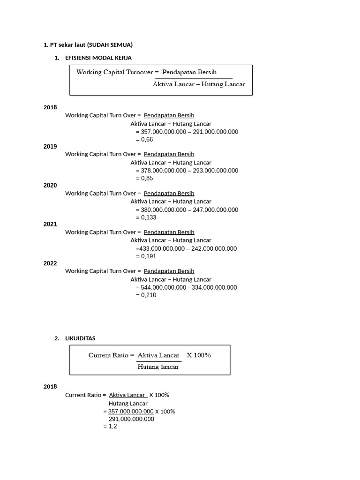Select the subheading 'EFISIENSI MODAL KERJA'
(98, 58)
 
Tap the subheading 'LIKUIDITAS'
(80, 338)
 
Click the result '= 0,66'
(144, 140)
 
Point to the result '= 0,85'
(144, 179)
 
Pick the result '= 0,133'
(146, 217)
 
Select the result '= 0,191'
(146, 256)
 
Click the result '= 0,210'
(146, 295)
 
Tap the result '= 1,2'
(110, 427)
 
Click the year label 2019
(50, 147)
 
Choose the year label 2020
(50, 186)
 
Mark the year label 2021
(50, 225)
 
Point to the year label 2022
(50, 263)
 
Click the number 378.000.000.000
(164, 171)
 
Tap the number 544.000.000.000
(164, 287)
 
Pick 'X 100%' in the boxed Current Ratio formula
(199, 355)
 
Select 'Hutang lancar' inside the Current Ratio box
(158, 367)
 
